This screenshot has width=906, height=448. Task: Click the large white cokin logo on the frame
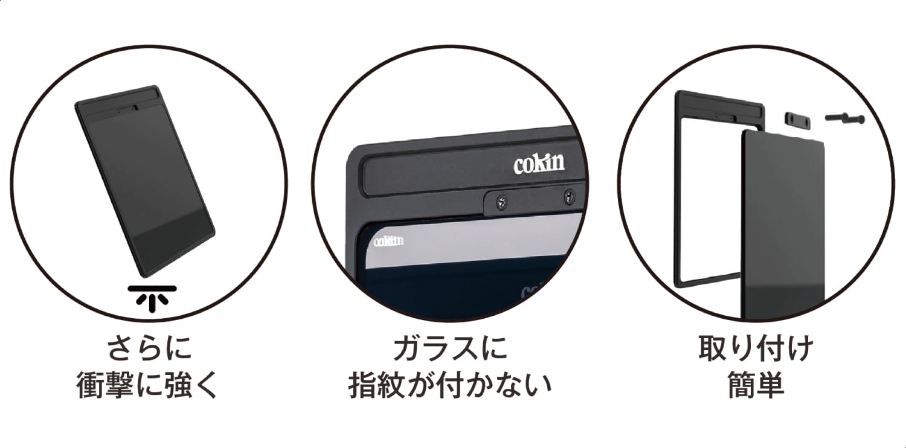pyautogui.click(x=539, y=164)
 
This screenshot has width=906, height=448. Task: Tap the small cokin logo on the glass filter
pyautogui.click(x=389, y=241)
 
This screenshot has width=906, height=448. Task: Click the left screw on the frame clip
pyautogui.click(x=501, y=201)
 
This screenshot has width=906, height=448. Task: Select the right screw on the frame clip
pyautogui.click(x=570, y=196)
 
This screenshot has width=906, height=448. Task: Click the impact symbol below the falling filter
pyautogui.click(x=152, y=299)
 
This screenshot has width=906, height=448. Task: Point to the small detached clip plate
pyautogui.click(x=798, y=120)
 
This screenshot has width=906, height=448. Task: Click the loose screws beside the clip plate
pyautogui.click(x=844, y=118)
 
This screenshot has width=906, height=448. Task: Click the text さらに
pyautogui.click(x=149, y=349)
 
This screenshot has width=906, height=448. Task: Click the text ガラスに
pyautogui.click(x=450, y=349)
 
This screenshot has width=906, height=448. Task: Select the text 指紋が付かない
pyautogui.click(x=450, y=385)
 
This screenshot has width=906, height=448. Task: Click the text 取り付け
pyautogui.click(x=756, y=348)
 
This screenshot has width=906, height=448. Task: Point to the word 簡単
pyautogui.click(x=756, y=385)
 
